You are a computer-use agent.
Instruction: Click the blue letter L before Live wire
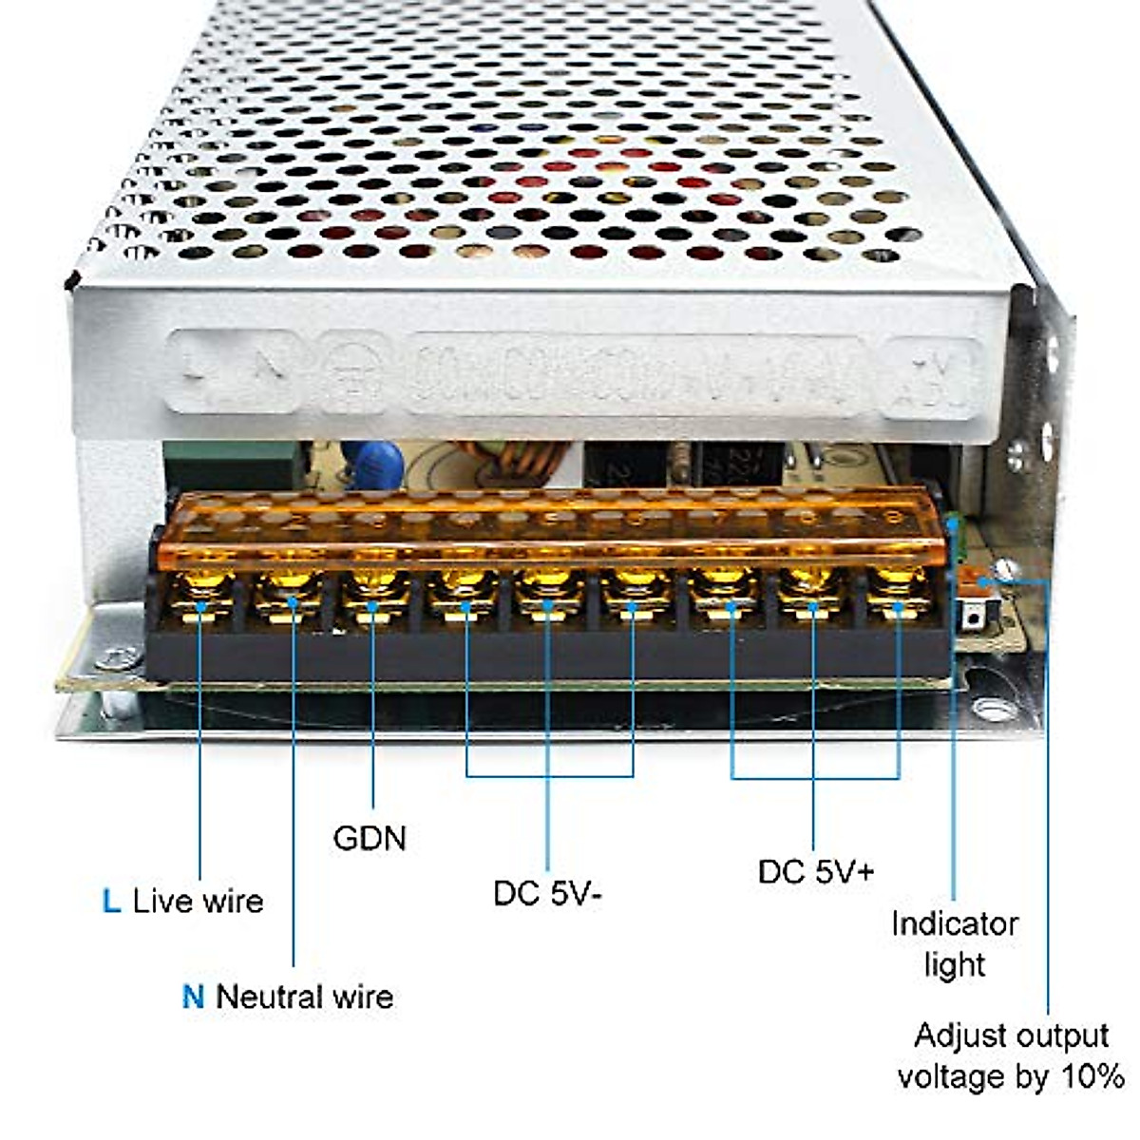coord(111,901)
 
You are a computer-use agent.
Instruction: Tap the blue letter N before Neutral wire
coord(193,997)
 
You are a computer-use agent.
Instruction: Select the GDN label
coord(370,838)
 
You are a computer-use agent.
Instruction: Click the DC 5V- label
coord(547,893)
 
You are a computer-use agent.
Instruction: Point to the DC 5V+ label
coord(815,871)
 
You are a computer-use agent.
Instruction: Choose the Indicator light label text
coord(954,943)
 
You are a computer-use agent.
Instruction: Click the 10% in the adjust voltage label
coord(1093,1076)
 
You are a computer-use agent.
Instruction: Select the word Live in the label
coord(161,901)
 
